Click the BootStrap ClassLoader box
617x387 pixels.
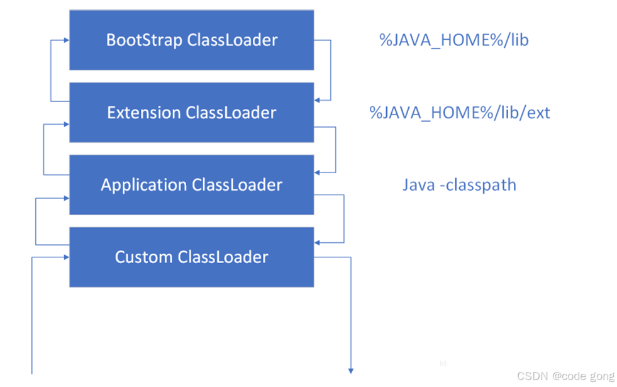pos(191,40)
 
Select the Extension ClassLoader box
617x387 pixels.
pos(191,113)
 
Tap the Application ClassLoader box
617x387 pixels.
pos(191,185)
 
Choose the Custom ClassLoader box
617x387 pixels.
pos(191,257)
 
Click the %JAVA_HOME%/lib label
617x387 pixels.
pos(453,40)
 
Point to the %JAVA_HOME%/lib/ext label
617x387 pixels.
pos(460,113)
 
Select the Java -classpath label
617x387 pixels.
pos(459,185)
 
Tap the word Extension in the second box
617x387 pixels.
pos(144,113)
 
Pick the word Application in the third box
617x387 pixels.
pos(143,185)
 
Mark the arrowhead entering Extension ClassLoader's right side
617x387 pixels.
pos(318,99)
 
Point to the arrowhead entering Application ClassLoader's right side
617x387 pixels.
pos(318,172)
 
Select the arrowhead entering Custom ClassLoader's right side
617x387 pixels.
pos(318,242)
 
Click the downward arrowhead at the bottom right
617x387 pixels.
pos(351,371)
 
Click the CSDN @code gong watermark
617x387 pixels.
pos(565,376)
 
